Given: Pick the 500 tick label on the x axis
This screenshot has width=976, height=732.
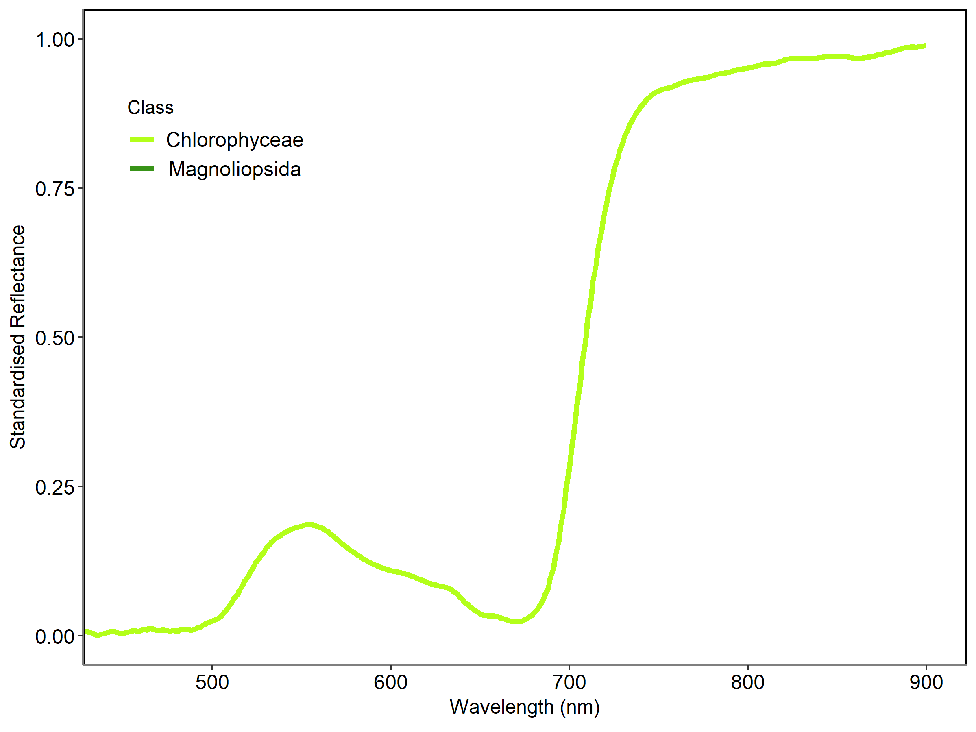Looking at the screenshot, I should (x=212, y=682).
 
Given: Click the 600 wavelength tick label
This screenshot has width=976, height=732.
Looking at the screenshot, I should (x=390, y=682).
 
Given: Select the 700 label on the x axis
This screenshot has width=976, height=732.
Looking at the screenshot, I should (x=569, y=682).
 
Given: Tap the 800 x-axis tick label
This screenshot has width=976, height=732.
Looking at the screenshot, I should (x=747, y=682).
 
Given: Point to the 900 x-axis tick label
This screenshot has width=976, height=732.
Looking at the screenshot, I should (x=926, y=682).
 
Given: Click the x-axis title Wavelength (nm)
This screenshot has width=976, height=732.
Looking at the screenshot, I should (x=525, y=707).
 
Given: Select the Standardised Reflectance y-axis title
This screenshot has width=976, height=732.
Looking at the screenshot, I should (x=17, y=337).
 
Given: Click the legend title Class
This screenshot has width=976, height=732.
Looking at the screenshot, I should (x=150, y=108).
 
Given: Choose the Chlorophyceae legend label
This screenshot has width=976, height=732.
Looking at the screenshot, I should (x=235, y=140).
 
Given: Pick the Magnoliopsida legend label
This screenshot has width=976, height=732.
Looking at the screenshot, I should (x=235, y=170).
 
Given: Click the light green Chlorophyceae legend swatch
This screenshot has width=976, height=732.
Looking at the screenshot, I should (x=142, y=139).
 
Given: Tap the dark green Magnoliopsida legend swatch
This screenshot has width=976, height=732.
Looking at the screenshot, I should (x=142, y=168).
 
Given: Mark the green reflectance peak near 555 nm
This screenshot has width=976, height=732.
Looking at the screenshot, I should (x=310, y=525).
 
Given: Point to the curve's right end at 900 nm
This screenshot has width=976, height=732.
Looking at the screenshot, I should (x=925, y=46).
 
